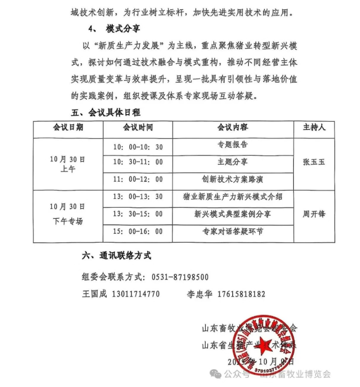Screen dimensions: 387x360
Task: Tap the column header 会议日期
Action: pos(68,127)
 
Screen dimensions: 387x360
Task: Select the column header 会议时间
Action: pos(138,127)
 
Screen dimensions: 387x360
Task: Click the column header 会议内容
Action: pos(232,127)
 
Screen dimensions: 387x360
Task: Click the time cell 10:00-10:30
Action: pos(138,147)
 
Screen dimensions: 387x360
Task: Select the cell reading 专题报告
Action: pos(232,145)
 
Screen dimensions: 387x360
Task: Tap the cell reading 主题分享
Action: pos(232,162)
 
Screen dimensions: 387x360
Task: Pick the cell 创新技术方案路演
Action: pos(232,179)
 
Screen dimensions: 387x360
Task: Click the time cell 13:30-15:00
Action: pos(138,214)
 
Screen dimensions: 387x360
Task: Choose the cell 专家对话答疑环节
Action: pos(232,231)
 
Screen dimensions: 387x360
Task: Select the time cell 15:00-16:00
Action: pos(138,231)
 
